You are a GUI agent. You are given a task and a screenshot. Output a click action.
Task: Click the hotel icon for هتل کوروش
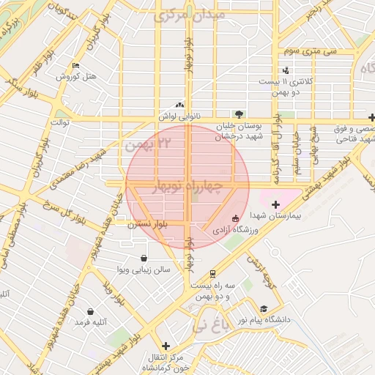pos(76,66)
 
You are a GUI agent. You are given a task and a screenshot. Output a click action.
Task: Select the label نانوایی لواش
pos(179,116)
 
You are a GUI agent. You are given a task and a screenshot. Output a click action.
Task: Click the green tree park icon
pos(238,114)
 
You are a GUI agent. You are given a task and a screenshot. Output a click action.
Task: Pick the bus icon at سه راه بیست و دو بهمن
pos(213,273)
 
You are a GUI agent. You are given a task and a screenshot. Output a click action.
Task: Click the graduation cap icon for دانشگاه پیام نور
pos(263,309)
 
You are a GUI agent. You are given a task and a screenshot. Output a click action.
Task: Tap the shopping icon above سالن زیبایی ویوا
pos(143,258)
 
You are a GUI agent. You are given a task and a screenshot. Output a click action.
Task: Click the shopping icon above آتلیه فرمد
pos(90,311)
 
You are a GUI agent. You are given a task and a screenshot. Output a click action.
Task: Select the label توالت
pos(59,122)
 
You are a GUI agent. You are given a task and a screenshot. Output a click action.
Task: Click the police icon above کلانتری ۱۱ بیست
pos(286,70)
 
